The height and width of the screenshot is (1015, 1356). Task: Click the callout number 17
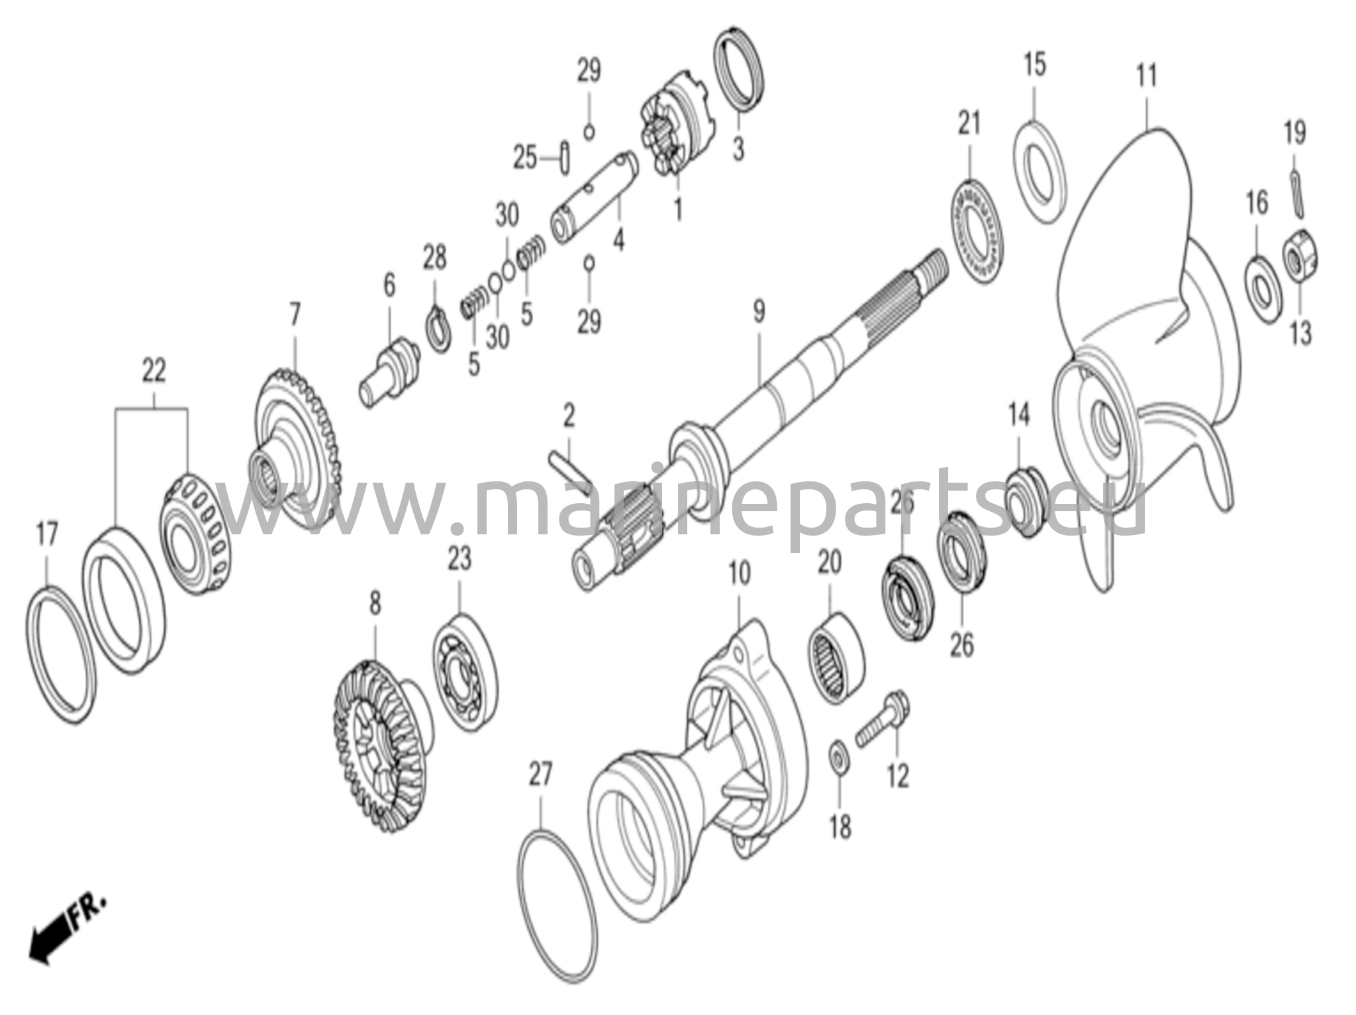[x=46, y=534]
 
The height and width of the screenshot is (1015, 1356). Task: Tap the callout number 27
[x=540, y=774]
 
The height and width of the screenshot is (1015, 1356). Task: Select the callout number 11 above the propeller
[x=1146, y=76]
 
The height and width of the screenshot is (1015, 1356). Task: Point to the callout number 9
[x=759, y=311]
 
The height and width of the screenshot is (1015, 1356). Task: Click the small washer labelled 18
[x=839, y=756]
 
